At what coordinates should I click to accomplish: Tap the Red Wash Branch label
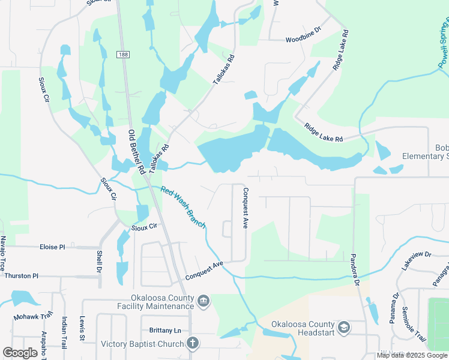183,207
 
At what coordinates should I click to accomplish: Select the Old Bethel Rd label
136,152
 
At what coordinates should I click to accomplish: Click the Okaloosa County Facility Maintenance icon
203,300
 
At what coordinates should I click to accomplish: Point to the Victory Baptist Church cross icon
192,343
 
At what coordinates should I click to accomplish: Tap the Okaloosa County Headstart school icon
343,327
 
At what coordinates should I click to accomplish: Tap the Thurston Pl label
21,276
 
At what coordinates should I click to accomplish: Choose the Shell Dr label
98,260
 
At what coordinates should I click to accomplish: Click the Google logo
20,353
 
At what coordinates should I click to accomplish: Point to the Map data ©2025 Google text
412,355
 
